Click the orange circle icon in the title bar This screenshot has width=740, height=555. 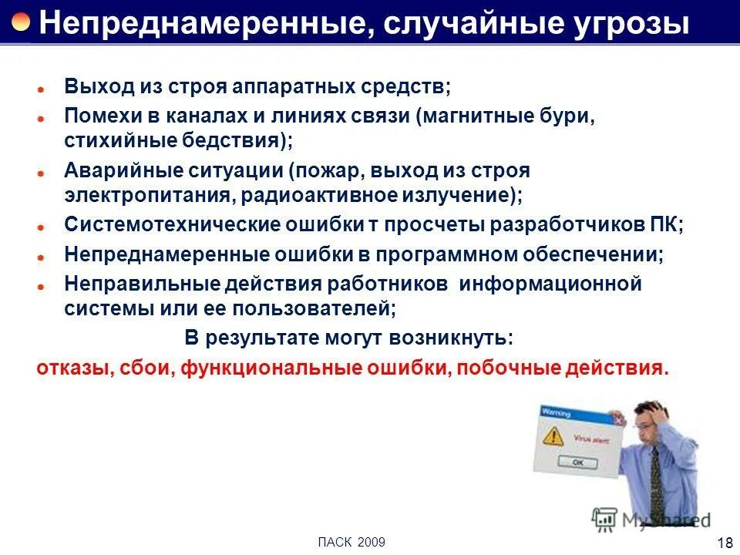tap(21, 22)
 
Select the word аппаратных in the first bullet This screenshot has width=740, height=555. tap(293, 86)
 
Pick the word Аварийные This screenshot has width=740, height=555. tap(113, 170)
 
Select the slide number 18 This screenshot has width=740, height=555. tap(725, 543)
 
